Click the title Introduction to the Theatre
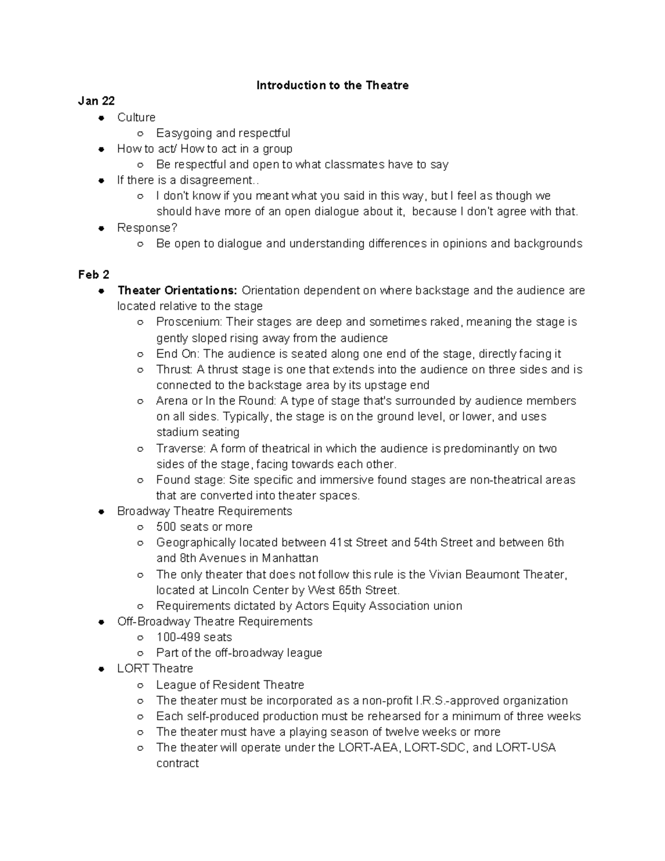click(332, 85)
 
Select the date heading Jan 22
click(96, 101)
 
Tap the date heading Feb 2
click(94, 275)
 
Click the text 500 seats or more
click(204, 527)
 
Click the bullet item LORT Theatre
click(155, 669)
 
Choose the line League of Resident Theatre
click(230, 685)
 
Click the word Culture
click(136, 118)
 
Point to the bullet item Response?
click(147, 228)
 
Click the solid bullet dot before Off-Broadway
click(101, 622)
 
